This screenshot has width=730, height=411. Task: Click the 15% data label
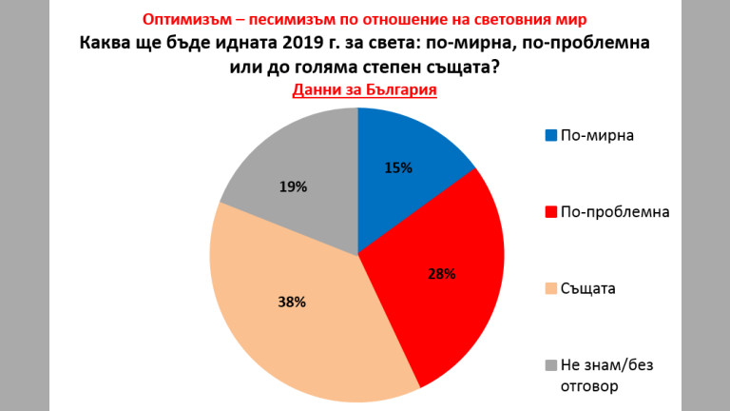399,168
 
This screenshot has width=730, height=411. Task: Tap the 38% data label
291,303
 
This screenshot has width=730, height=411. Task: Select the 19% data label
293,187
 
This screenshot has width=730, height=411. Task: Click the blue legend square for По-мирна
550,135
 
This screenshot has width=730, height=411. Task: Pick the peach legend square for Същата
550,288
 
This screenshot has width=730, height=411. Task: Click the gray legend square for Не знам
550,365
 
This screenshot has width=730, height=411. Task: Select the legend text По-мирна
597,135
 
